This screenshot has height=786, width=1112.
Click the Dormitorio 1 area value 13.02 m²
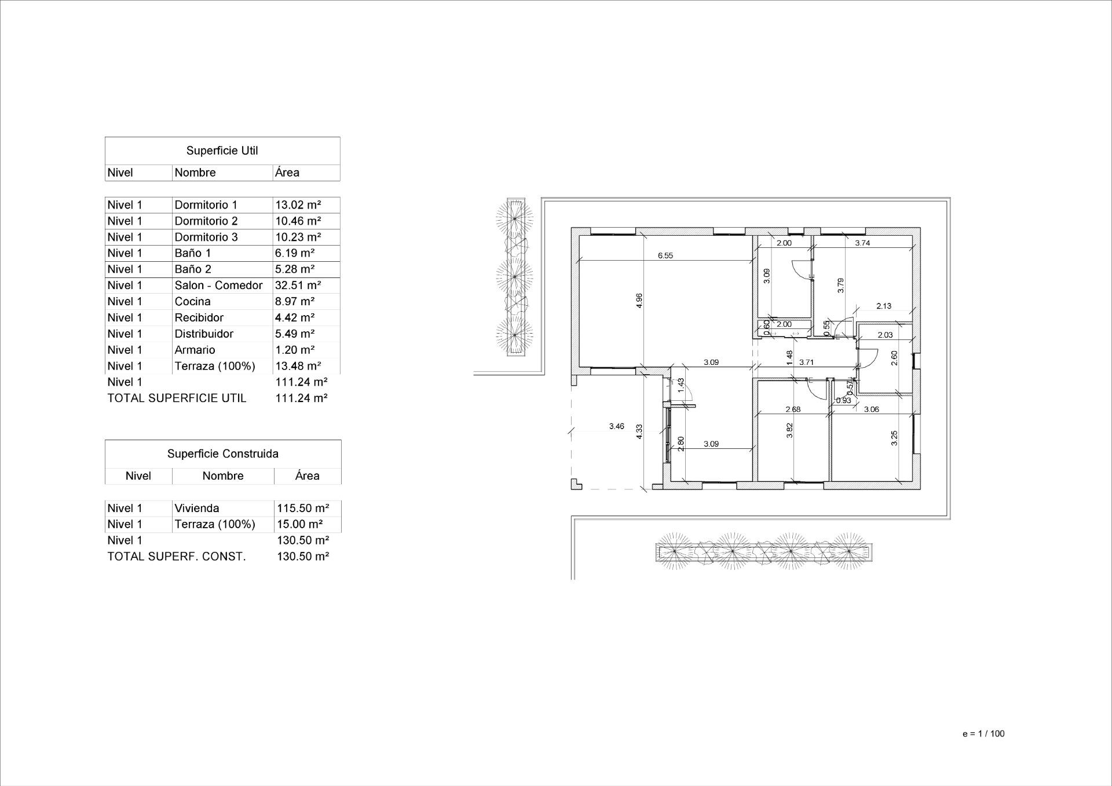click(x=298, y=205)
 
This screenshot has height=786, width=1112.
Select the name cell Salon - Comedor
click(x=218, y=286)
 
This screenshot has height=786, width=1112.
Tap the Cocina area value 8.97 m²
click(x=294, y=302)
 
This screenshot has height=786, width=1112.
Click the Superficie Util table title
click(x=222, y=151)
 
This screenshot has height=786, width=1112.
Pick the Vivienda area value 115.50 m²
click(x=302, y=509)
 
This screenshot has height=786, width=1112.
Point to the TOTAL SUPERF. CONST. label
click(x=176, y=557)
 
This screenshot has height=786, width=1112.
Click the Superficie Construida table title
click(x=222, y=454)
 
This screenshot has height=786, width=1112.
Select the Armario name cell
click(x=195, y=350)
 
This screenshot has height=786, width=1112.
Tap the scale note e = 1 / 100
click(x=983, y=734)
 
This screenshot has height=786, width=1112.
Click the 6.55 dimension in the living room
click(x=665, y=255)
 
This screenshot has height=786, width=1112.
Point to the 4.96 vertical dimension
click(x=639, y=301)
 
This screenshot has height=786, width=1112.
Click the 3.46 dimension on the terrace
click(x=616, y=426)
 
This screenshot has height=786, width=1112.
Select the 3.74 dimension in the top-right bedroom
click(x=862, y=243)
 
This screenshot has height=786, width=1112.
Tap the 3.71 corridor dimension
click(x=806, y=363)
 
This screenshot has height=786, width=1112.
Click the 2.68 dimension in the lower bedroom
click(x=792, y=410)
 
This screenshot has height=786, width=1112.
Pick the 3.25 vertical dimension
click(x=894, y=438)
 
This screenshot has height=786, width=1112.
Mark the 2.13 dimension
click(x=883, y=306)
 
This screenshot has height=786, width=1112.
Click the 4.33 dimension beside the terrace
click(x=639, y=432)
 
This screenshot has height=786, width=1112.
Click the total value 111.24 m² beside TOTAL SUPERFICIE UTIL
click(x=301, y=399)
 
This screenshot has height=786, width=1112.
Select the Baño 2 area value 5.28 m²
click(x=294, y=269)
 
